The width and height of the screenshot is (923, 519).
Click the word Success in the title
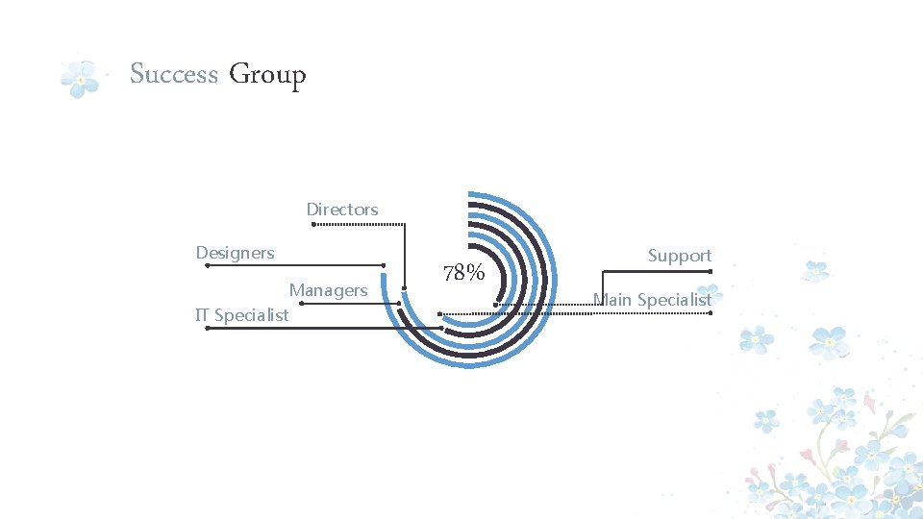pyautogui.click(x=174, y=74)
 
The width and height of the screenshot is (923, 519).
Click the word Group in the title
pyautogui.click(x=267, y=75)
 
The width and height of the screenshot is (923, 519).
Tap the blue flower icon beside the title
pyautogui.click(x=81, y=80)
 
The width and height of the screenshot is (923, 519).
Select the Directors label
pyautogui.click(x=341, y=210)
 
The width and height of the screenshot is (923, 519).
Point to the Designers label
pyautogui.click(x=235, y=253)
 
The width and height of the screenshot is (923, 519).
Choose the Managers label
pyautogui.click(x=328, y=290)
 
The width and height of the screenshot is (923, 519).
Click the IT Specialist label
pyautogui.click(x=241, y=315)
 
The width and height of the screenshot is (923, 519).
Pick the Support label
pyautogui.click(x=679, y=256)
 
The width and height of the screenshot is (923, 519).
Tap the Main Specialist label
pyautogui.click(x=652, y=300)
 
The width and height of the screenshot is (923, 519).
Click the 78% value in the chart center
pyautogui.click(x=463, y=273)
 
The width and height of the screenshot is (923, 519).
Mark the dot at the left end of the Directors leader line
pyautogui.click(x=312, y=225)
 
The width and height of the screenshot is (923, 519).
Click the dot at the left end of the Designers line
pyautogui.click(x=207, y=265)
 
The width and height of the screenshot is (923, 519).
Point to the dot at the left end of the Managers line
pyautogui.click(x=302, y=303)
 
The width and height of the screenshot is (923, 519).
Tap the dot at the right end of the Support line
pyautogui.click(x=711, y=271)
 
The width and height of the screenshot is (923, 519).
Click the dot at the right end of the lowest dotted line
pyautogui.click(x=711, y=312)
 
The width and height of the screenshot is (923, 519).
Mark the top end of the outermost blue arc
pyautogui.click(x=468, y=194)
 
